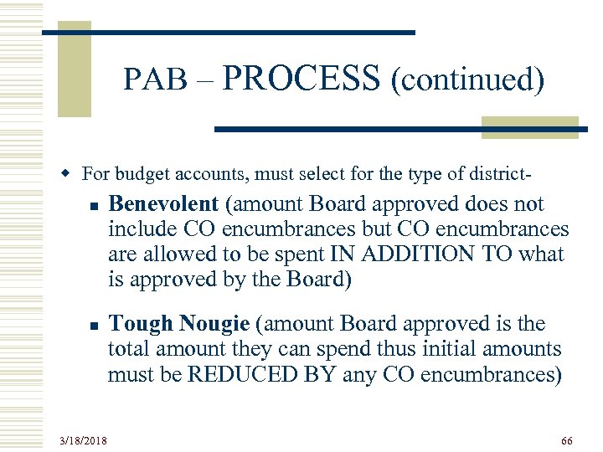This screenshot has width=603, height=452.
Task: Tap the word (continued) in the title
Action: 466,80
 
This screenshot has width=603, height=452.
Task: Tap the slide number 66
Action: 567,439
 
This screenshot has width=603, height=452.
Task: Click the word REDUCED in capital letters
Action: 240,374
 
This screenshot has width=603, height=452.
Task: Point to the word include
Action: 137,229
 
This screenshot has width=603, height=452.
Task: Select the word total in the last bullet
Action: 127,349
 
